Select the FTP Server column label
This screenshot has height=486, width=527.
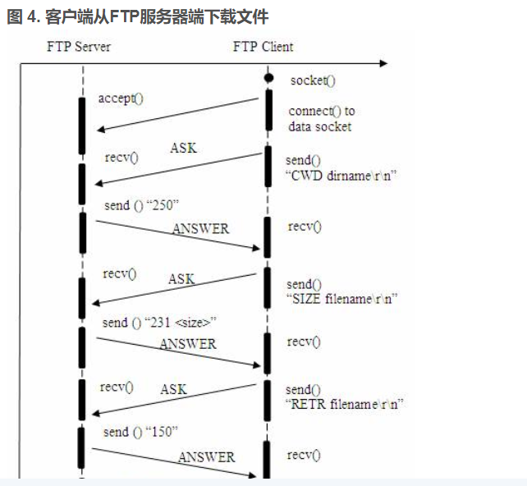click(79, 46)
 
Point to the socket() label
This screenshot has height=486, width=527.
click(313, 80)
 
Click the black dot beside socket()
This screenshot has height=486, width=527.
click(268, 78)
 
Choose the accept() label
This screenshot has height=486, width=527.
click(121, 99)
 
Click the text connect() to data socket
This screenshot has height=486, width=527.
click(321, 119)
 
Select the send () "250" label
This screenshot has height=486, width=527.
click(141, 205)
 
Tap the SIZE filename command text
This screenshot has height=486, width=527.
click(341, 299)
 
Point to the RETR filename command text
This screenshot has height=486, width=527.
click(345, 404)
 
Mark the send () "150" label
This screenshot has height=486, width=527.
click(140, 432)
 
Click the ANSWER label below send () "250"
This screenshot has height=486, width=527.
click(201, 229)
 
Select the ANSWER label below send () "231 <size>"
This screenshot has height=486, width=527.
click(188, 344)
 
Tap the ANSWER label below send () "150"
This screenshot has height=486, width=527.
click(206, 457)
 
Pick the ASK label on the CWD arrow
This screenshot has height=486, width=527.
click(183, 149)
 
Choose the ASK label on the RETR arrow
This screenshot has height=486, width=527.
click(173, 389)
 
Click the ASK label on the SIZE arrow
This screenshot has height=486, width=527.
click(181, 279)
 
